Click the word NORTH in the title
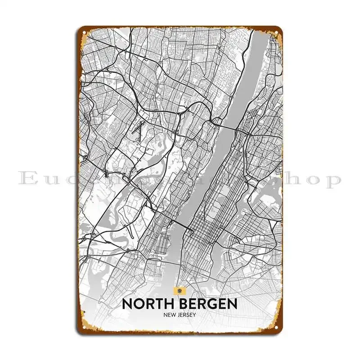click(x=147, y=304)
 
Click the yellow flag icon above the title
click(x=180, y=290)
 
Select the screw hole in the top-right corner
click(x=275, y=33)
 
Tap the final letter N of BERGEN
click(x=232, y=304)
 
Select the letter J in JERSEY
click(x=180, y=321)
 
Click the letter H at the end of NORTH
click(x=168, y=304)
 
